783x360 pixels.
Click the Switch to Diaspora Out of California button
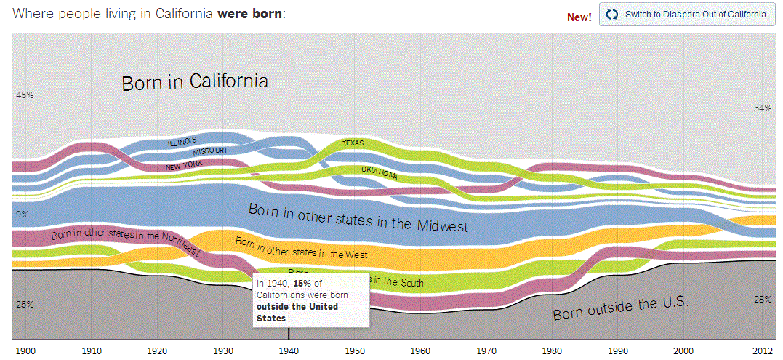[x=687, y=15]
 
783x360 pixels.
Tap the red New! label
[x=579, y=17]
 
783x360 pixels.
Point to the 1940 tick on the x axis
[x=289, y=350]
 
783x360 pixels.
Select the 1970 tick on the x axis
[x=486, y=350]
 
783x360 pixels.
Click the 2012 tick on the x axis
[x=763, y=350]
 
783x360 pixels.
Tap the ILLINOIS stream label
[x=182, y=141]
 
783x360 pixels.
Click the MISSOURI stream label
[x=209, y=151]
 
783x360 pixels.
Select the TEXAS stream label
[x=353, y=143]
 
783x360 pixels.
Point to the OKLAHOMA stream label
[x=379, y=172]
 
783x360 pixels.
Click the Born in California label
[x=195, y=81]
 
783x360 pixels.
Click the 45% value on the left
[x=25, y=95]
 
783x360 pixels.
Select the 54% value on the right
[x=762, y=108]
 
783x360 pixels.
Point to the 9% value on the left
[x=22, y=215]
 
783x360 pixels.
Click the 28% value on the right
[x=762, y=300]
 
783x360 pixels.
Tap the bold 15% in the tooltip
[x=302, y=284]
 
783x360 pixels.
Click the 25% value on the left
[x=25, y=304]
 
